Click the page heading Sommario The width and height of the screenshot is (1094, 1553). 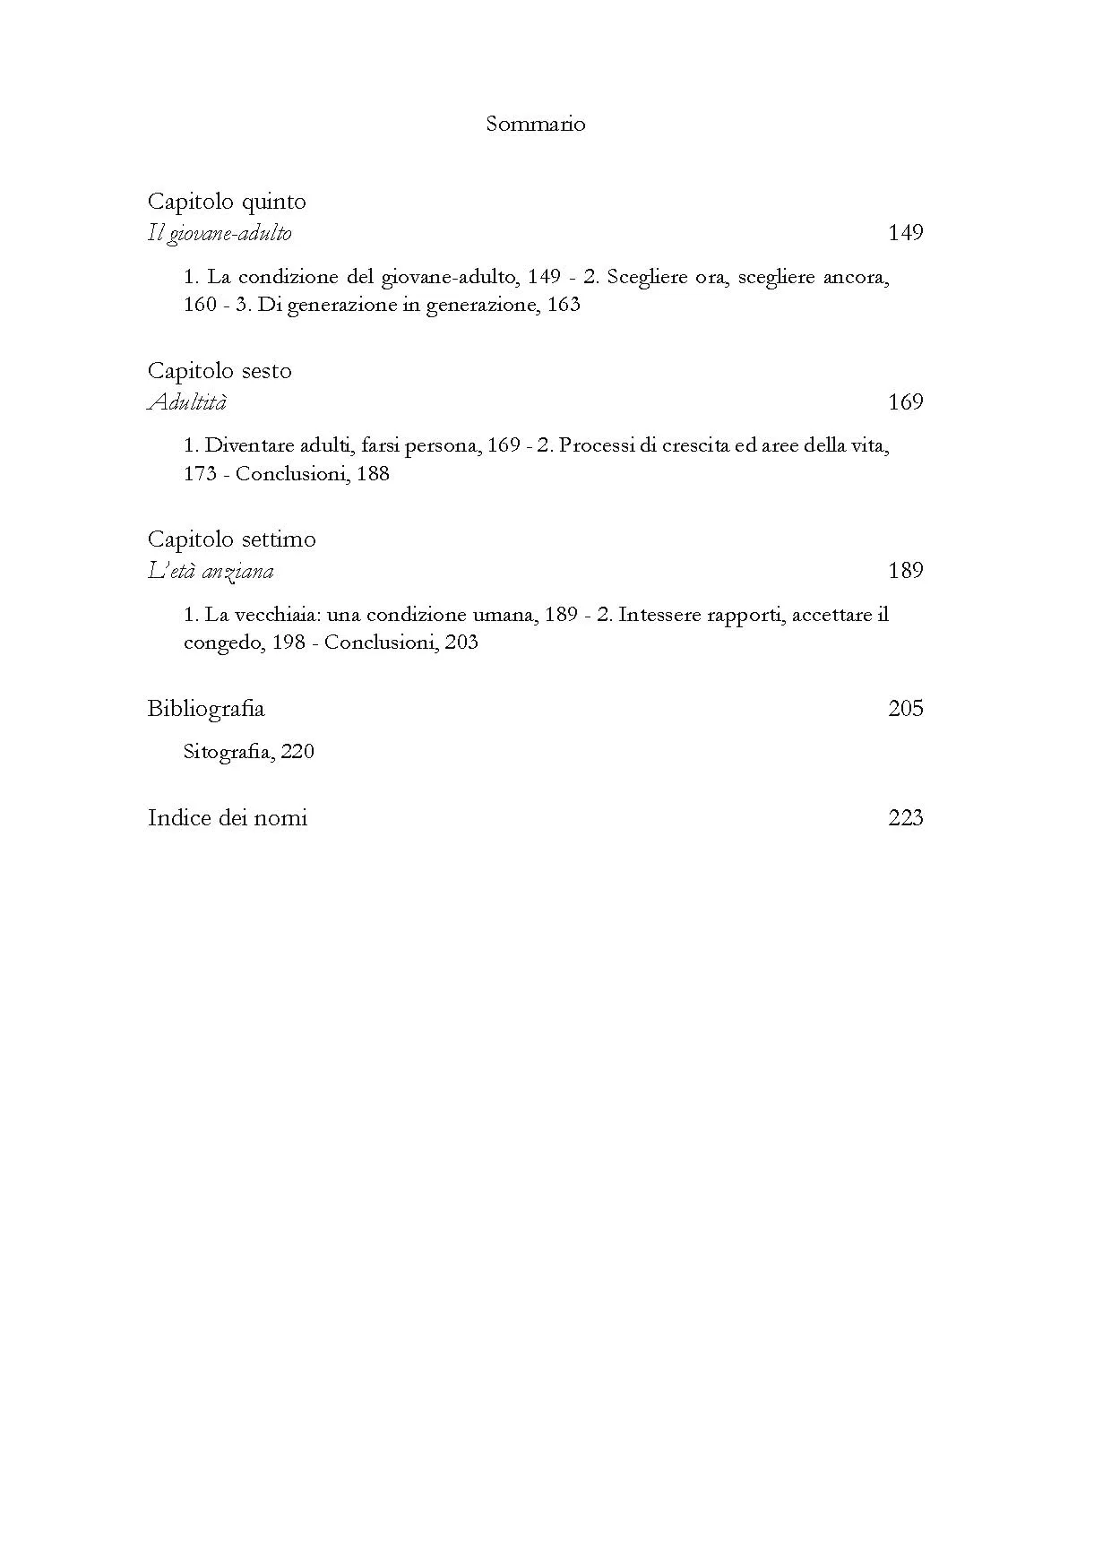pos(535,124)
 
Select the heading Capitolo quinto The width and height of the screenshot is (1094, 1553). pos(227,202)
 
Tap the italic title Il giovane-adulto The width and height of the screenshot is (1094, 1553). pos(220,234)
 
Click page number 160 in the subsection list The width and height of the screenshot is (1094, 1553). pos(200,305)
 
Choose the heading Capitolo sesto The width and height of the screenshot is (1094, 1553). pos(220,371)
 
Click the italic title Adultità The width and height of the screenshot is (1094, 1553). pos(187,402)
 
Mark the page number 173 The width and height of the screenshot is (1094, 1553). pos(200,474)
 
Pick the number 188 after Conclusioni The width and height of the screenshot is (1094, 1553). pos(373,474)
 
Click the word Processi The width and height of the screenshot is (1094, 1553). pos(597,445)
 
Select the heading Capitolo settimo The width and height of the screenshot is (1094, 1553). pos(231,539)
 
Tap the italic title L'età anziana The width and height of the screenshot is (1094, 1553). pos(211,571)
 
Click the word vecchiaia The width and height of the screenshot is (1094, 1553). pos(279,615)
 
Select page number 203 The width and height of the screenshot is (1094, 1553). pos(461,643)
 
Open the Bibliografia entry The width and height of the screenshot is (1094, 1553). pos(206,709)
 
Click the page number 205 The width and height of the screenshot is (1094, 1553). pos(905,709)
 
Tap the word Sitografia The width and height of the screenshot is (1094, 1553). pos(228,752)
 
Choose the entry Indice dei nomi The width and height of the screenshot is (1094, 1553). pos(228,818)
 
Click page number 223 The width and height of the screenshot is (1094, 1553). pos(905,818)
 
